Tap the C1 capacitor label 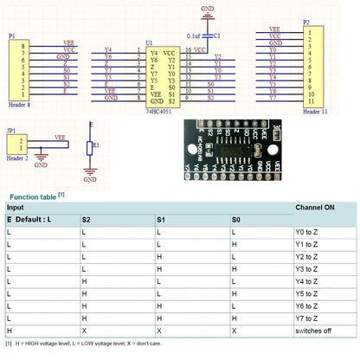click(215, 35)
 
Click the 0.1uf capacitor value click(194, 35)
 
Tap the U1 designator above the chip click(150, 42)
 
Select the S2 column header click(87, 221)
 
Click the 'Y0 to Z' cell click(310, 233)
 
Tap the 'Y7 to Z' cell click(310, 318)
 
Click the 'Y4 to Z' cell click(310, 281)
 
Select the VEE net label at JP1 click(60, 136)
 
